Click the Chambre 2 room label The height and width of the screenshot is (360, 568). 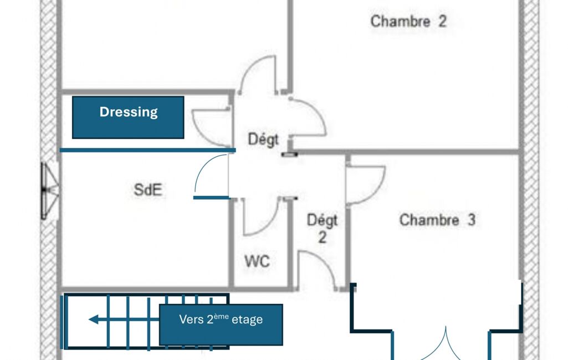pyautogui.click(x=408, y=22)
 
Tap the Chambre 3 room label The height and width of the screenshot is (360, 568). pyautogui.click(x=437, y=220)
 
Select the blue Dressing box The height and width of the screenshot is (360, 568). pyautogui.click(x=128, y=117)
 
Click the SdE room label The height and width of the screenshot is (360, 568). pyautogui.click(x=148, y=190)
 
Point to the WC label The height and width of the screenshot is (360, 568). pyautogui.click(x=257, y=261)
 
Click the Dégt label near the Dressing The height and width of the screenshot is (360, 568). pyautogui.click(x=263, y=139)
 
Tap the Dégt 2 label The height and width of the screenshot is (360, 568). pyautogui.click(x=322, y=229)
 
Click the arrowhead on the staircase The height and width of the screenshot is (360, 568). pyautogui.click(x=94, y=320)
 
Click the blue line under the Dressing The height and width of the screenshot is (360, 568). pyautogui.click(x=147, y=150)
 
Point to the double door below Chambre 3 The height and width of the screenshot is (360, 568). pyautogui.click(x=446, y=344)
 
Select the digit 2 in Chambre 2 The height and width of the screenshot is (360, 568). pyautogui.click(x=442, y=22)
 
